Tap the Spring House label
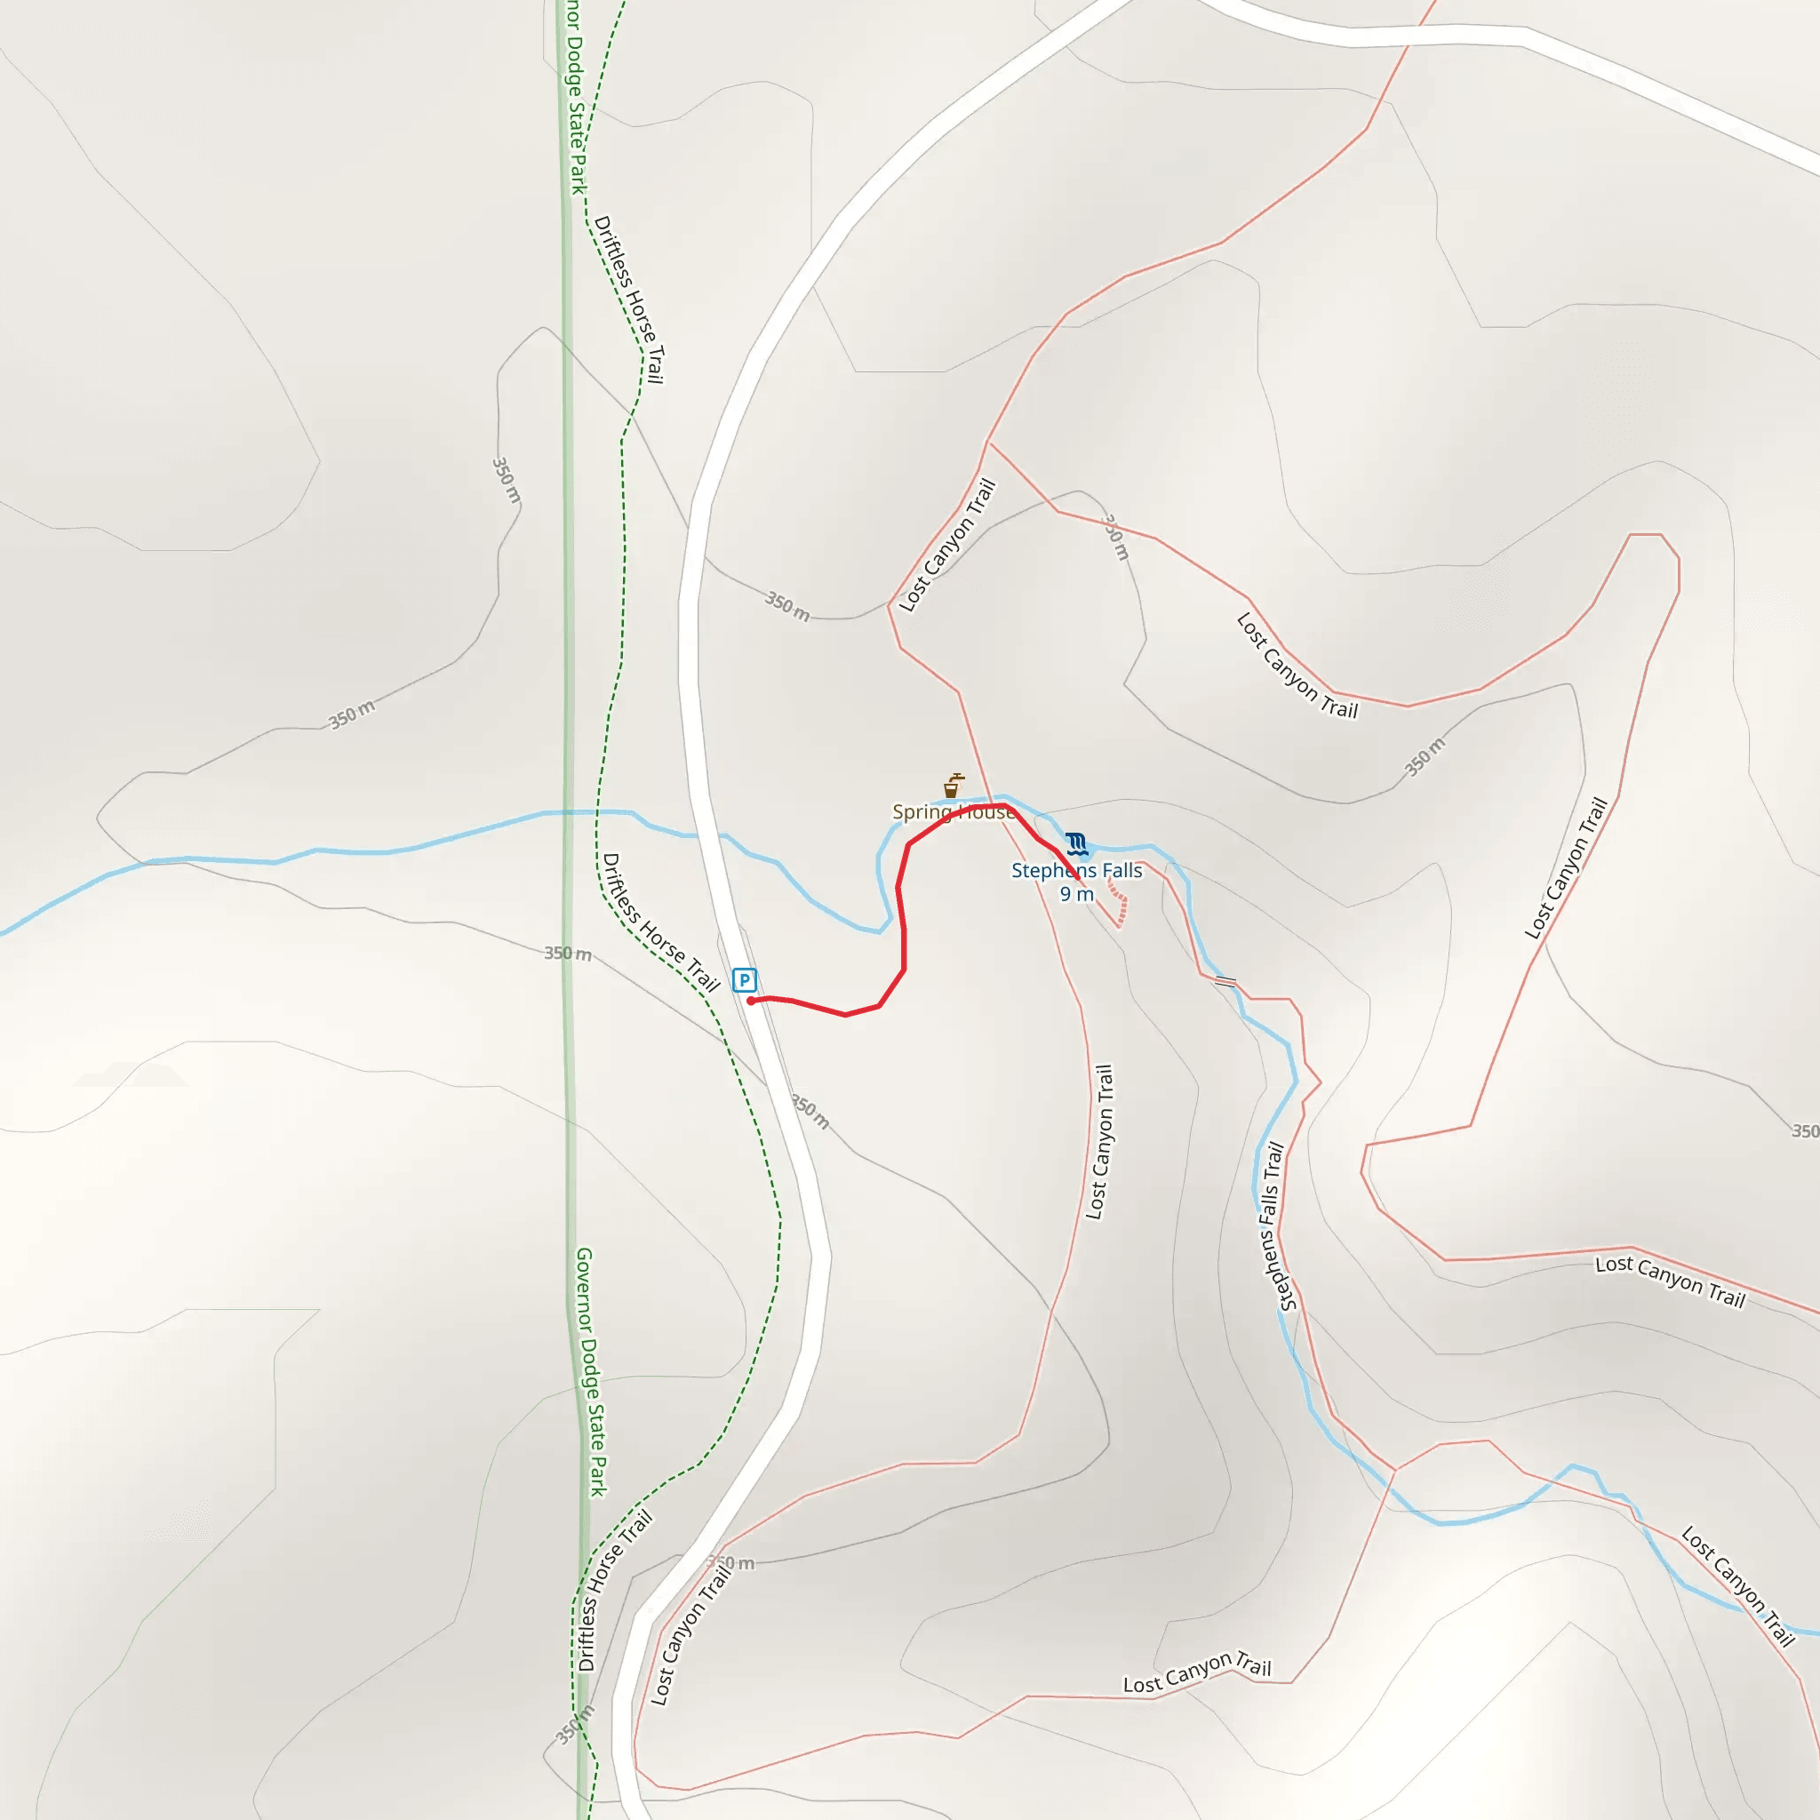coord(954,812)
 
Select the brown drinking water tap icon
coord(953,786)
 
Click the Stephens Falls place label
coord(1076,870)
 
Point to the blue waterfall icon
coord(1077,844)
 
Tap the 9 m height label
coord(1076,894)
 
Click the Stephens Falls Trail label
coord(1271,1226)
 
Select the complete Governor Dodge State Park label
coord(591,1371)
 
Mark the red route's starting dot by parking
coord(751,1001)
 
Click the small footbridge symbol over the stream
coord(1225,982)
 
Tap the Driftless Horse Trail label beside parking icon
coord(660,922)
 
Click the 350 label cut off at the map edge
coord(1804,1130)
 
